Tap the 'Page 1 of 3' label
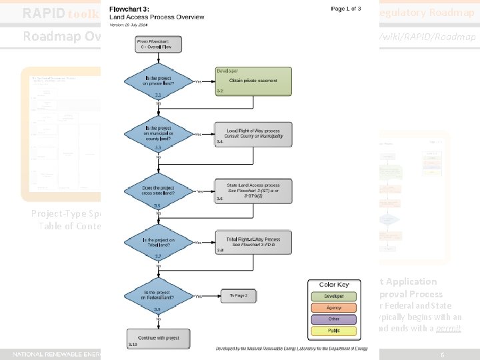(x=346, y=9)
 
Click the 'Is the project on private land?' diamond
(x=158, y=81)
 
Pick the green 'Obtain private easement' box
(x=253, y=81)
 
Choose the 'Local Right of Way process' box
(x=253, y=134)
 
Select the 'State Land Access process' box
(x=253, y=191)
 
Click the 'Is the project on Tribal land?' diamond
(x=158, y=243)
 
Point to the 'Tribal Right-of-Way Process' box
(x=253, y=243)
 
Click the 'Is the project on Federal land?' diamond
(x=158, y=295)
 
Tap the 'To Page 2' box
(x=238, y=295)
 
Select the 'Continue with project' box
(x=158, y=337)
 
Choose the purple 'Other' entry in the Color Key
(x=334, y=319)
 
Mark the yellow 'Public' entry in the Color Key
(x=334, y=331)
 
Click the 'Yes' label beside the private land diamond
(x=198, y=82)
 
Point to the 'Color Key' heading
(x=334, y=285)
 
